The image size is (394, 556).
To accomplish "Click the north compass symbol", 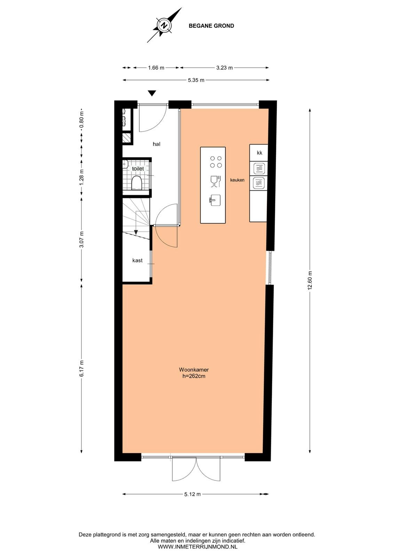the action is (x=164, y=25).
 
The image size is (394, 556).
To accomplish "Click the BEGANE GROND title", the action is (x=211, y=26).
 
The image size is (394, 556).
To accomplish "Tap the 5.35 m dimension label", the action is (x=196, y=80).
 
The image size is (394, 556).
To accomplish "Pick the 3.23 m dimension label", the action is (x=224, y=68).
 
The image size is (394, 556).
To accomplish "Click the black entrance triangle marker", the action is (x=152, y=93).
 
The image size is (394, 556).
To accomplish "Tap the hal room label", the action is (x=157, y=144).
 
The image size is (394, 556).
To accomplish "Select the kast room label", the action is (x=137, y=260).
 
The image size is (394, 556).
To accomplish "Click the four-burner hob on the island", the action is (x=216, y=162).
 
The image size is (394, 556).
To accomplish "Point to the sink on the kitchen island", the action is (x=214, y=200).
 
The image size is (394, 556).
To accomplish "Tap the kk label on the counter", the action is (x=260, y=153).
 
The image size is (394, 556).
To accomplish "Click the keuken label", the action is (x=237, y=180).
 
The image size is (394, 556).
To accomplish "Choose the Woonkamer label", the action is (x=194, y=370).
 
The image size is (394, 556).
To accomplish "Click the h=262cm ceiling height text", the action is (x=194, y=376).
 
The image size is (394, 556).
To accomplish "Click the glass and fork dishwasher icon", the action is (x=216, y=181).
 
